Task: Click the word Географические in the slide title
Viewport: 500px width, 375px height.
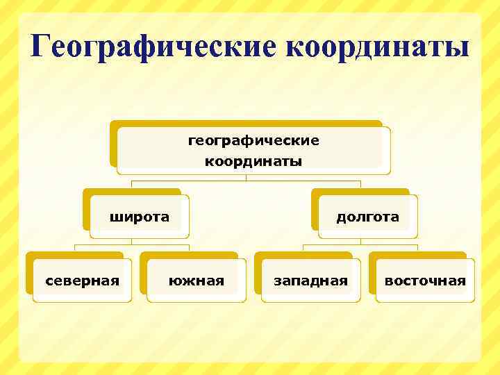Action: coord(153,47)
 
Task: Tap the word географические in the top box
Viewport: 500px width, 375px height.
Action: coord(253,141)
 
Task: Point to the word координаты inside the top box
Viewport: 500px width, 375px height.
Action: coord(253,162)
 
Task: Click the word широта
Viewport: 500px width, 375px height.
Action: coord(140,217)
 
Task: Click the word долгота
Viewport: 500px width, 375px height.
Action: coord(368,217)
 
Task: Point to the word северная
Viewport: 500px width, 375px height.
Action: coord(82,281)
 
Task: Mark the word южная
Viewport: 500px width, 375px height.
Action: coord(197,281)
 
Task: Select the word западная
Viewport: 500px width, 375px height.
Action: coord(310,281)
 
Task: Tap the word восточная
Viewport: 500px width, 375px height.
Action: coord(425,281)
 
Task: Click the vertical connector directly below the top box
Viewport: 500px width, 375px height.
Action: coord(246,177)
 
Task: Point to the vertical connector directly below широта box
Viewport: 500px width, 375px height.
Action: coord(132,240)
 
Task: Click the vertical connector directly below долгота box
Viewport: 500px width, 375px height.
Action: coord(360,241)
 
